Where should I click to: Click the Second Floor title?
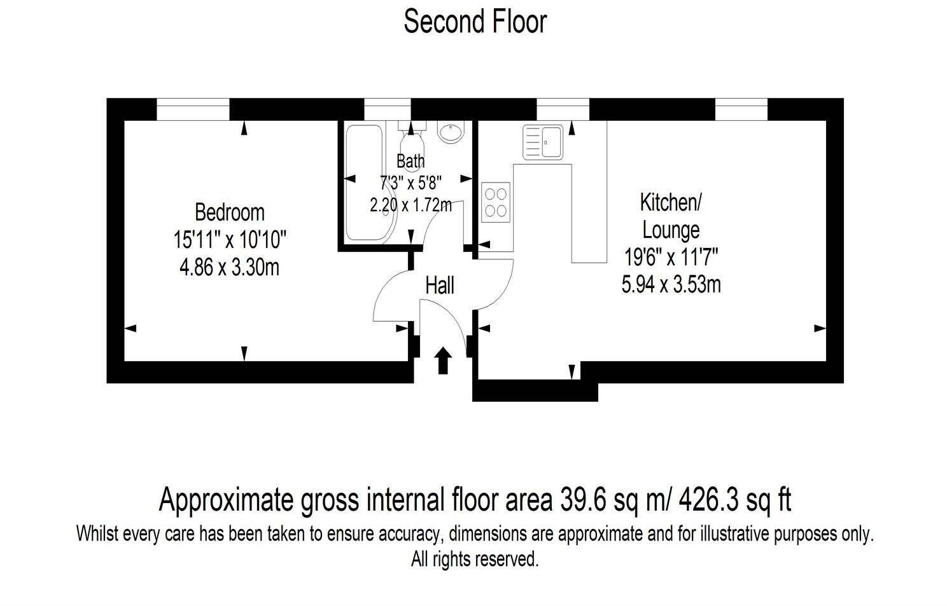[x=475, y=22]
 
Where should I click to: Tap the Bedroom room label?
[x=229, y=212]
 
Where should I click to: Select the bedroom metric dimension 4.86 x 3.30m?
[x=229, y=267]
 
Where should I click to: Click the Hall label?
[x=439, y=286]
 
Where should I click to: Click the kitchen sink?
[x=543, y=142]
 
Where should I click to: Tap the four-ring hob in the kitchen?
[x=496, y=202]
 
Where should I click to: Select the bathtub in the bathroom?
[x=366, y=182]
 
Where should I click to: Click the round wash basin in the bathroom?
[x=451, y=132]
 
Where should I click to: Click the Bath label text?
[x=410, y=162]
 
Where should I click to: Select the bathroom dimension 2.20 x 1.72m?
[x=410, y=205]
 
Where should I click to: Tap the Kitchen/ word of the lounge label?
[x=670, y=203]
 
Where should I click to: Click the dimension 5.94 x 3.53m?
[x=671, y=284]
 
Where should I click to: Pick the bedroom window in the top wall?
[x=193, y=109]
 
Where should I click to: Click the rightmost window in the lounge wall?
[x=741, y=109]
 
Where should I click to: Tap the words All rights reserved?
[x=475, y=560]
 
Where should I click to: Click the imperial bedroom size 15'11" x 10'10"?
[x=230, y=240]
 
